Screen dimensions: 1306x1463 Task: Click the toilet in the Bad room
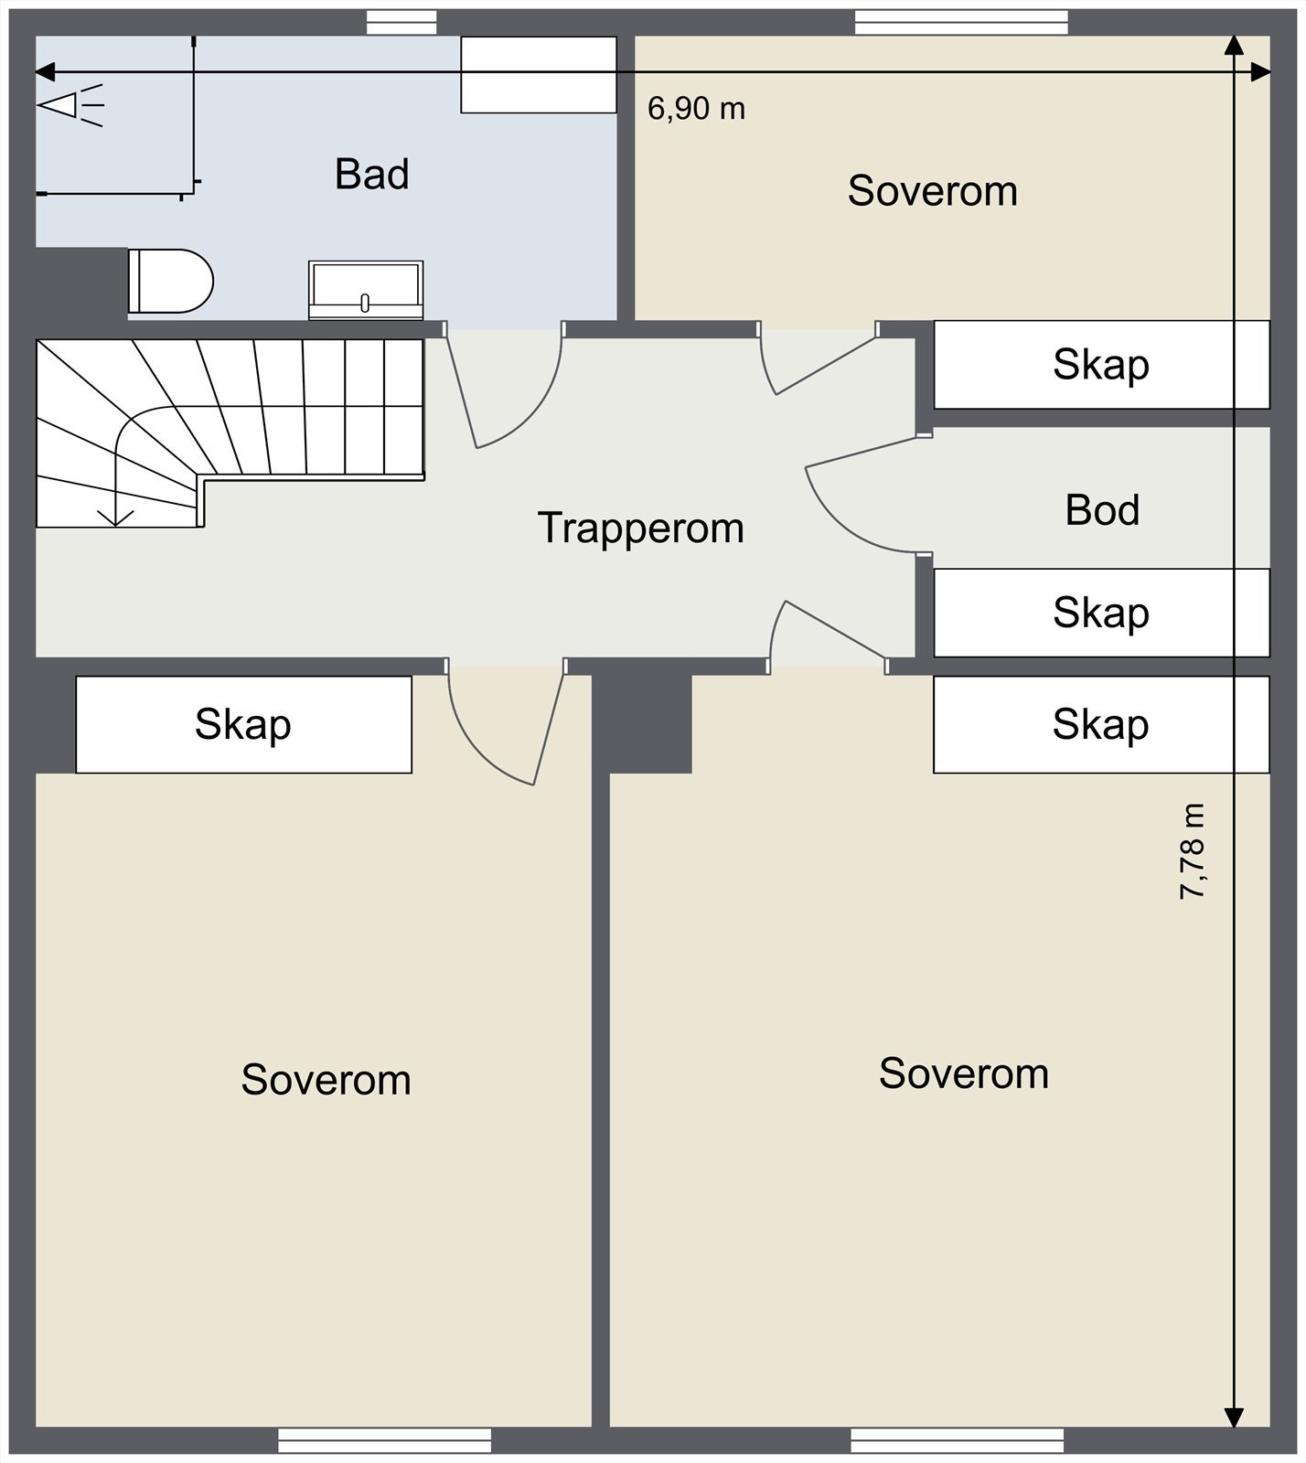(x=170, y=281)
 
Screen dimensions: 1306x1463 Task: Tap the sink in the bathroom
(x=366, y=290)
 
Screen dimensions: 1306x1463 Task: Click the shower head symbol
(x=70, y=104)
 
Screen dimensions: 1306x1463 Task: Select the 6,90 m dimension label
(x=696, y=109)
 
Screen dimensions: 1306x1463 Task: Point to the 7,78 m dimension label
(x=1193, y=850)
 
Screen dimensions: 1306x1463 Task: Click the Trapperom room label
(x=640, y=529)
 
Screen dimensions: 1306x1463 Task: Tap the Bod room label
(x=1102, y=510)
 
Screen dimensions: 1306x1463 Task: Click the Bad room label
(x=371, y=174)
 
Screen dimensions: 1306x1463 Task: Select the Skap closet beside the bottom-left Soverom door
(x=243, y=724)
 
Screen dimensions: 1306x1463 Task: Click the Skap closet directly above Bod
(x=1101, y=364)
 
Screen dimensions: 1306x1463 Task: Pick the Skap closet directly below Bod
(x=1101, y=613)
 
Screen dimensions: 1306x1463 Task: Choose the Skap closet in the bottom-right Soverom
(x=1101, y=724)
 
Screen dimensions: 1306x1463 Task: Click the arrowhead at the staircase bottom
(x=115, y=517)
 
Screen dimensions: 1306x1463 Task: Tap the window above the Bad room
(x=401, y=23)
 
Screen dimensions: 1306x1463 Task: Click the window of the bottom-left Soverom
(x=384, y=1441)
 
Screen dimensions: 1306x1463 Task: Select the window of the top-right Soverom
(x=961, y=23)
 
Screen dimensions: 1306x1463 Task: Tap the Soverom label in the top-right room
(x=932, y=191)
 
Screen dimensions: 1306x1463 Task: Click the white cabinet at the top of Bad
(x=539, y=75)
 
